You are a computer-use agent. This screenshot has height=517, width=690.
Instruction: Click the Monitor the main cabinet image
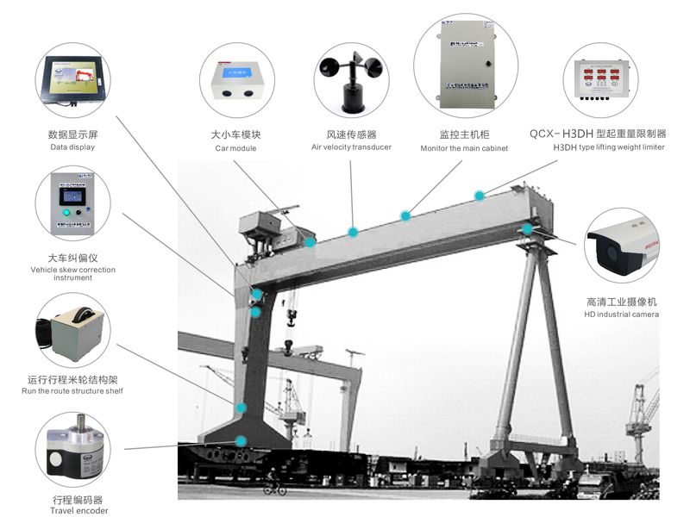pyautogui.click(x=465, y=67)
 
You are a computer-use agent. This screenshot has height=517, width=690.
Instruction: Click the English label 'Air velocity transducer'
pyautogui.click(x=351, y=147)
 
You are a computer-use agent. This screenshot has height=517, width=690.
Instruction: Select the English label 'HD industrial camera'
pyautogui.click(x=621, y=315)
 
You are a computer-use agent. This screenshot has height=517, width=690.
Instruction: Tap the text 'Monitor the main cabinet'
pyautogui.click(x=464, y=148)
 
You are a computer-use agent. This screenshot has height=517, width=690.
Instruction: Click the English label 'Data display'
pyautogui.click(x=72, y=147)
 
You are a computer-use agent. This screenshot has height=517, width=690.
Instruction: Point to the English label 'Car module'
pyautogui.click(x=235, y=148)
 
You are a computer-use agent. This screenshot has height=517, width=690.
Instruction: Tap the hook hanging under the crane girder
pyautogui.click(x=291, y=320)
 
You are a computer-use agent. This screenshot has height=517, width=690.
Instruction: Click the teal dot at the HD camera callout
pyautogui.click(x=527, y=229)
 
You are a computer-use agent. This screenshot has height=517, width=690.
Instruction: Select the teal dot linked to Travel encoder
pyautogui.click(x=242, y=441)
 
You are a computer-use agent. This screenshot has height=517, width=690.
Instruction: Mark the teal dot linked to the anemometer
pyautogui.click(x=352, y=232)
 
